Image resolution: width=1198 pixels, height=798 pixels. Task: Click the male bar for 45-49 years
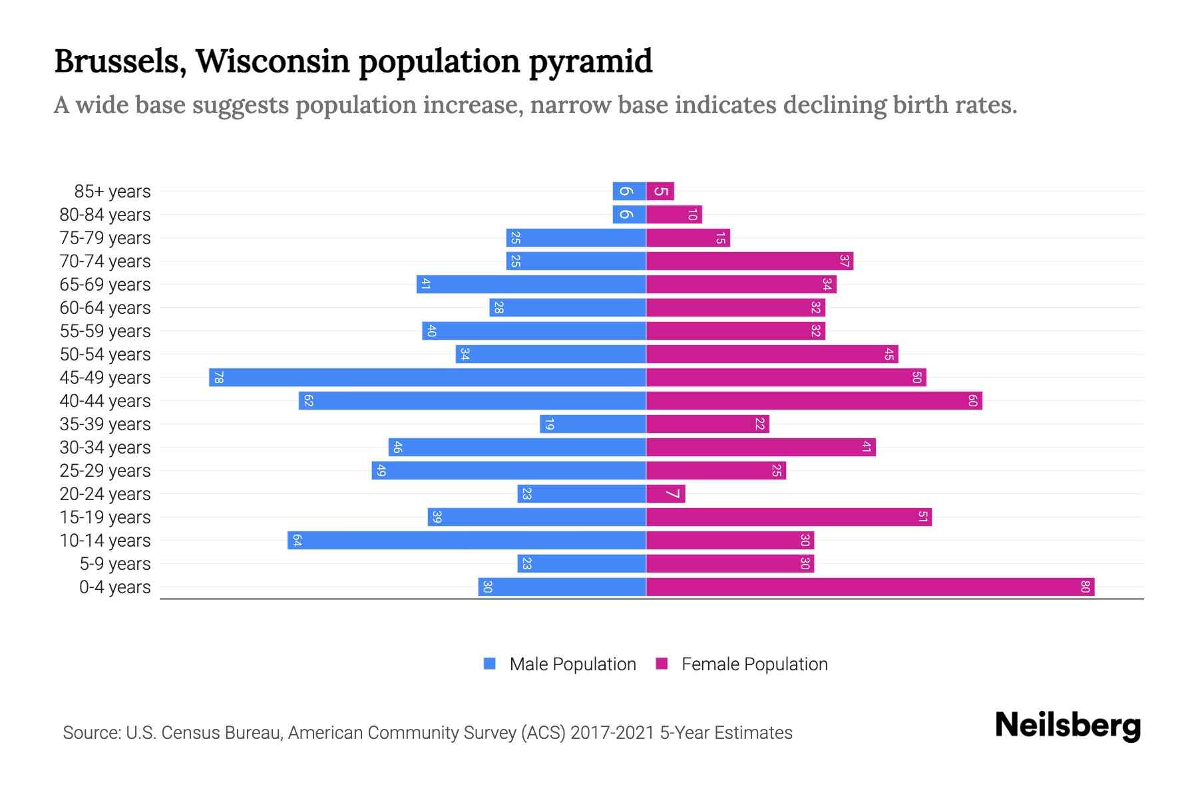coord(427,378)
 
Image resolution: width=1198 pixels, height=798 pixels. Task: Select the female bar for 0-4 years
coord(870,587)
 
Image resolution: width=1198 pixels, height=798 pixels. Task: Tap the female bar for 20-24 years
coord(666,494)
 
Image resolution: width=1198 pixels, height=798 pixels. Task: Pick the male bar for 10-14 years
coord(467,541)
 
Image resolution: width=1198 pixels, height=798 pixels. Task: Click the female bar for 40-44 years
coord(814,401)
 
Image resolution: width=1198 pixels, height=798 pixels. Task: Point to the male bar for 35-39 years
coord(593,424)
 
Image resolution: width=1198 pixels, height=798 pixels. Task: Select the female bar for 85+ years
coord(660,192)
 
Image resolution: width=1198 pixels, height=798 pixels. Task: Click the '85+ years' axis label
coord(112,192)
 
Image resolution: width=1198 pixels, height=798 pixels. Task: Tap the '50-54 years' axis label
coord(105,354)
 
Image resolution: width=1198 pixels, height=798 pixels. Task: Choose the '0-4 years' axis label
coord(114,587)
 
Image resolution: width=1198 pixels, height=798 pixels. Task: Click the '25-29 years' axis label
coord(105,471)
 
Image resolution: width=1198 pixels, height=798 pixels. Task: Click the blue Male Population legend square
coord(490,664)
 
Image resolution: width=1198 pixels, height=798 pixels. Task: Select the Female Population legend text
coord(754,664)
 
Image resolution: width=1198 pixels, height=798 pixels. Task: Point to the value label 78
coord(218,378)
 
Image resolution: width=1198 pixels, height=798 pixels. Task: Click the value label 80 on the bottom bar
coord(1085,587)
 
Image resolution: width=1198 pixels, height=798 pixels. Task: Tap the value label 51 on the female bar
coord(922,517)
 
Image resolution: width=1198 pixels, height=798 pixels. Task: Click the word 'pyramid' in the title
coord(590,62)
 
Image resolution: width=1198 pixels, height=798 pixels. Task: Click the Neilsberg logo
coord(1068,726)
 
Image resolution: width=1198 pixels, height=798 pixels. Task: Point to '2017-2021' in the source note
coord(612,733)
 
